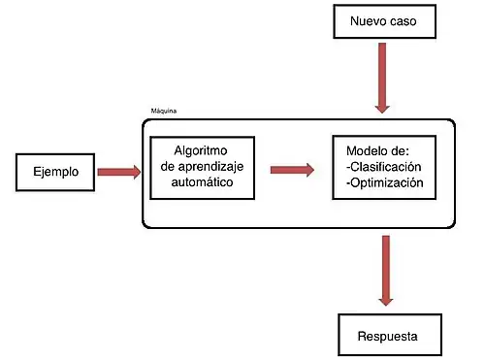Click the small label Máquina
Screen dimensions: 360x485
[165, 113]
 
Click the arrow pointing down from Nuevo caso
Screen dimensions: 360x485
[379, 78]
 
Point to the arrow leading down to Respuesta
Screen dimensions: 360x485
[386, 272]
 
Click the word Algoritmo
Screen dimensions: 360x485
[202, 151]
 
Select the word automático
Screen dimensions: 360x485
[201, 181]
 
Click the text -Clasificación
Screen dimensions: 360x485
[384, 167]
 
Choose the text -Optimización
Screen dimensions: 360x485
[384, 181]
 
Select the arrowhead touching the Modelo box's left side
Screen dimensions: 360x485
[309, 169]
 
